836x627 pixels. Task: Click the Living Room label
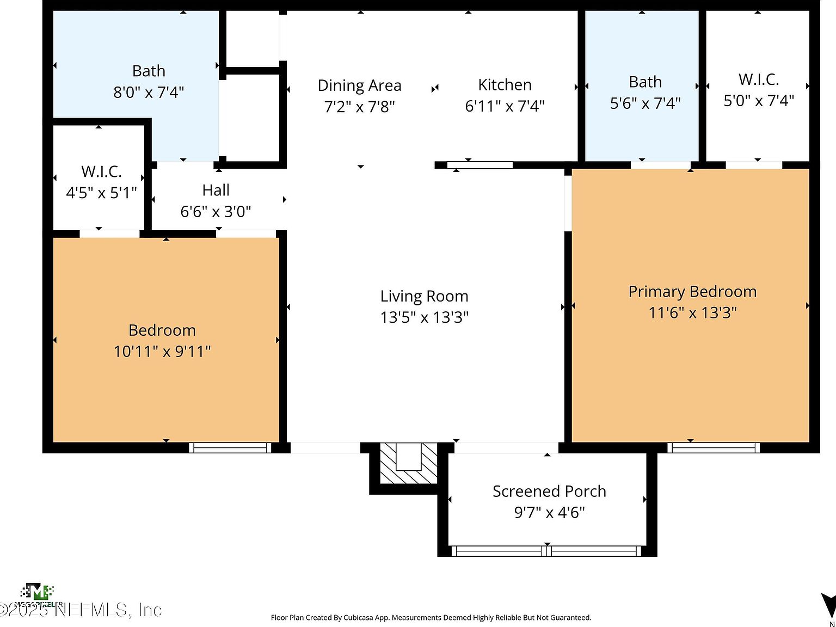coord(424,296)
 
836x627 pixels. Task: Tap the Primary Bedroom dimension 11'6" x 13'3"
coord(692,312)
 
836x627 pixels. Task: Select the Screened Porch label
coord(549,491)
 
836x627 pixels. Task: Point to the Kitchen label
coord(505,85)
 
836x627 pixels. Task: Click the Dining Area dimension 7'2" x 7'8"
coord(359,106)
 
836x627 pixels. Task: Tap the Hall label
coord(216,190)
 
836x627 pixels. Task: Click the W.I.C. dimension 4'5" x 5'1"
coord(101,193)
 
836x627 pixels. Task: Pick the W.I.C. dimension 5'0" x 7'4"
coord(758,101)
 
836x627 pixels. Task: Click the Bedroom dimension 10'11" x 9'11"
coord(162,351)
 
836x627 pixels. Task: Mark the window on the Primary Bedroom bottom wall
coord(714,447)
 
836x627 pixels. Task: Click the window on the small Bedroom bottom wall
coord(230,447)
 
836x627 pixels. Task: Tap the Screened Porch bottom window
coord(547,551)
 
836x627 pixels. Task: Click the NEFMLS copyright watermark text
coord(82,610)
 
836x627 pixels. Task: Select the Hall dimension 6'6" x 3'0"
coord(216,211)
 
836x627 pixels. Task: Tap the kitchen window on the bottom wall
coord(480,165)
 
